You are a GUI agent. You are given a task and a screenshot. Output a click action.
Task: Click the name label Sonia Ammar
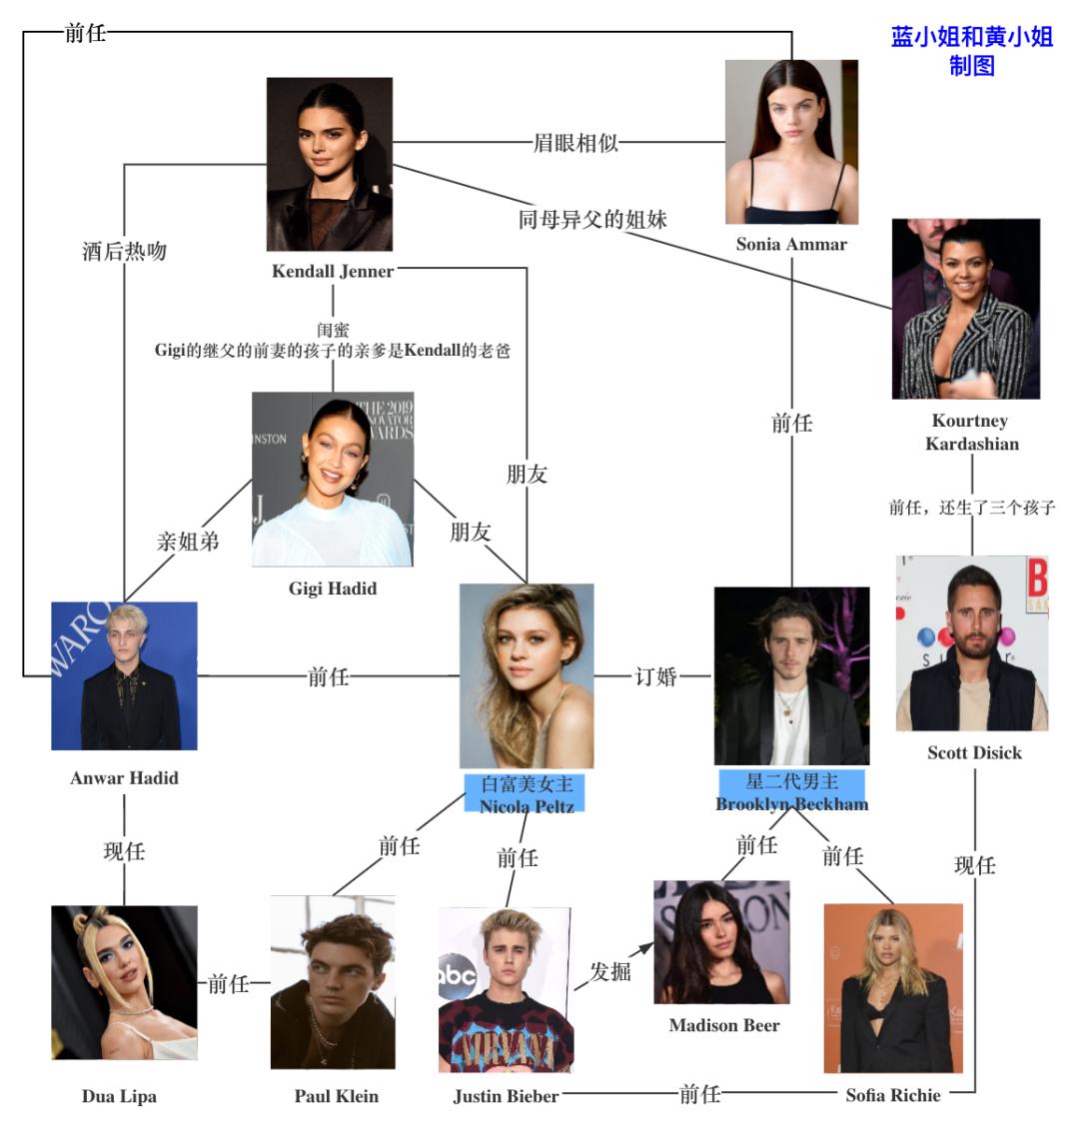[791, 244]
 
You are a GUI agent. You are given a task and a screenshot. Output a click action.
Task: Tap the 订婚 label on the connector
[655, 676]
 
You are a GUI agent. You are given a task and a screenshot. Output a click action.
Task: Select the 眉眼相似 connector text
[575, 142]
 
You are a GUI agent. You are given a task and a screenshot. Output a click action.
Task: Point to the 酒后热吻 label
[124, 251]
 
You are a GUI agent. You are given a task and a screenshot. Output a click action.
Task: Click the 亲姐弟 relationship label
[188, 542]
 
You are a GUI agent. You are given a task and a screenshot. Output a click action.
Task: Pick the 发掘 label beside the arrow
[609, 970]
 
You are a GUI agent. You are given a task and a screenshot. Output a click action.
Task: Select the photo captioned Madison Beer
[721, 941]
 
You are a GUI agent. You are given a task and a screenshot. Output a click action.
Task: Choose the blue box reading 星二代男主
[791, 782]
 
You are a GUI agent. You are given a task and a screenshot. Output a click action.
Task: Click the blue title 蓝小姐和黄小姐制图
[971, 51]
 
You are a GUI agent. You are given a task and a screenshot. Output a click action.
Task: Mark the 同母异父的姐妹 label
[591, 219]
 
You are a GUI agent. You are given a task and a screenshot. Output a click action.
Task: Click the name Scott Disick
[974, 752]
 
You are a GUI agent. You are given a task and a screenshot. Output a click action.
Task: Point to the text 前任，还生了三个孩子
[971, 508]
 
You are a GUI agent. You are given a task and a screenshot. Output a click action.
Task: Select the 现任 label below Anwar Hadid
[124, 851]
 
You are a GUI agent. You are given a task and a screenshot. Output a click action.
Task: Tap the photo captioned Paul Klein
[333, 982]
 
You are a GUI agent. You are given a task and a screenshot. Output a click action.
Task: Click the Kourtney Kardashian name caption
[970, 432]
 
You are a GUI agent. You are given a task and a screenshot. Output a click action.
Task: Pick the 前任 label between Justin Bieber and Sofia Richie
[699, 1094]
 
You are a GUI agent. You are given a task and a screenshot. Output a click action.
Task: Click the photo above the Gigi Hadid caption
[333, 480]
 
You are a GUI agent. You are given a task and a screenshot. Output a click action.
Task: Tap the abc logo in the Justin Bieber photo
[456, 974]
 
